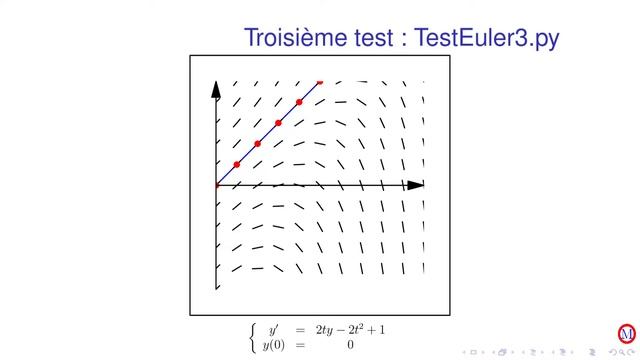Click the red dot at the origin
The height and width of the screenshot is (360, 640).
(x=217, y=185)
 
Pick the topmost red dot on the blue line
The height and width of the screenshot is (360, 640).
(x=320, y=81)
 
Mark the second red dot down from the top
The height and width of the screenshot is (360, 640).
(x=299, y=102)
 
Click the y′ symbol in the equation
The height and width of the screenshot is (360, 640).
(x=272, y=329)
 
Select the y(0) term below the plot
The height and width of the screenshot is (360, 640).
(x=273, y=344)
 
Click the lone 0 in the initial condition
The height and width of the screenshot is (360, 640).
(x=350, y=345)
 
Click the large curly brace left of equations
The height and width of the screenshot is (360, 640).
(x=251, y=337)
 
